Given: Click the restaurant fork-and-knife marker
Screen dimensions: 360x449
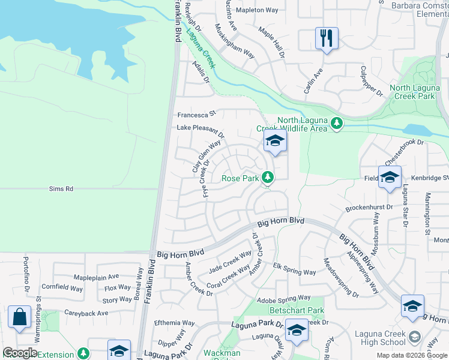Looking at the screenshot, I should click(x=327, y=39).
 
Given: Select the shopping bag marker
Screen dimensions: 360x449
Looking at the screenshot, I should click(x=20, y=317).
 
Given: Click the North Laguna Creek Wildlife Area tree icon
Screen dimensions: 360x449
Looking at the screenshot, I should click(x=337, y=123).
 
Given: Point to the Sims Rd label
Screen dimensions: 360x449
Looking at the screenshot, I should click(x=61, y=188).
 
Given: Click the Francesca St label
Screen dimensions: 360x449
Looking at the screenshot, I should click(x=196, y=115).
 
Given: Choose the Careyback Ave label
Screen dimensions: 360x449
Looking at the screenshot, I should click(x=86, y=313).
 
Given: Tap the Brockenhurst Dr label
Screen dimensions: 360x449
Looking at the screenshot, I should click(x=369, y=208).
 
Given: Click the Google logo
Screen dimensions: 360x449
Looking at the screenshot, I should click(x=20, y=353).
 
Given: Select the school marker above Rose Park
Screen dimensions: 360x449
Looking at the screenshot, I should click(x=275, y=142).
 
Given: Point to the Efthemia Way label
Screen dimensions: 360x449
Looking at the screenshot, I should click(x=175, y=323).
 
